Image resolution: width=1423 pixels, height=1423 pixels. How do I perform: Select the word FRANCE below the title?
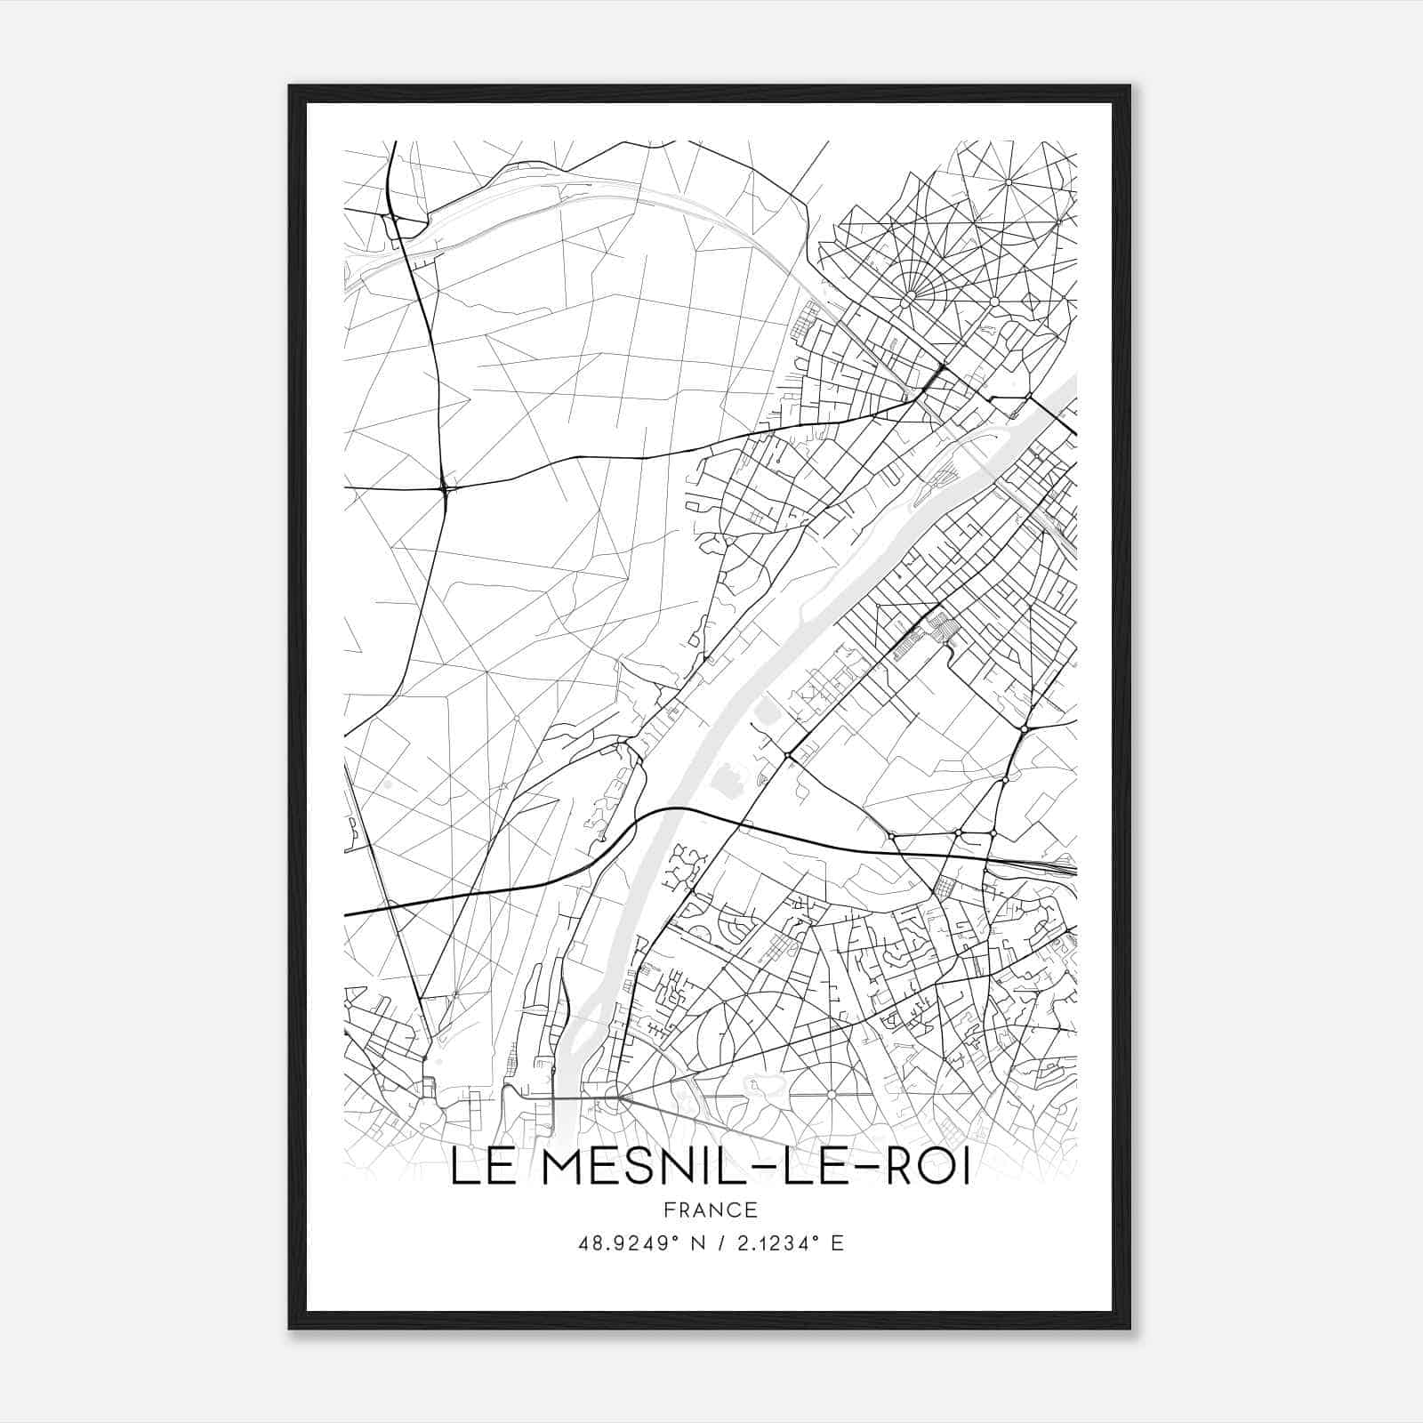[x=711, y=1210]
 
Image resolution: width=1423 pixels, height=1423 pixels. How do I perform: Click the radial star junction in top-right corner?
[x=1009, y=182]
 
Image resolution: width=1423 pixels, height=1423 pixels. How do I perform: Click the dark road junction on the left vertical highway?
[x=445, y=487]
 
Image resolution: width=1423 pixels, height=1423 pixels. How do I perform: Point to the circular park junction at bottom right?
[x=831, y=1094]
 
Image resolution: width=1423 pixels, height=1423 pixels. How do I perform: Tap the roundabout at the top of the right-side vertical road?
[x=1025, y=729]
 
